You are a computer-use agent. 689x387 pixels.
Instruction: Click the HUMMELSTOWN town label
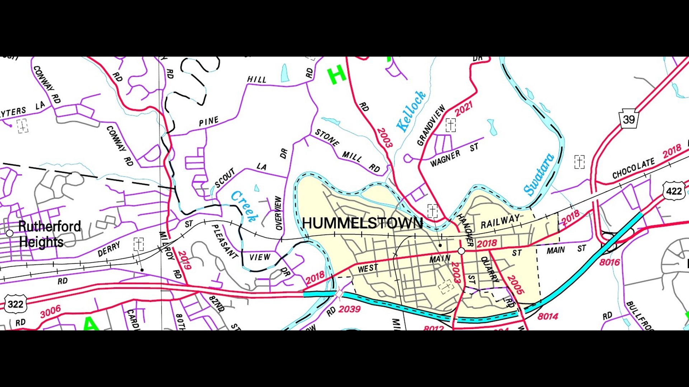[362, 223]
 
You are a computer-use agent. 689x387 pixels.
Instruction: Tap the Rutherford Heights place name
[50, 234]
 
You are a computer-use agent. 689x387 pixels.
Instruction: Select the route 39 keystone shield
[629, 119]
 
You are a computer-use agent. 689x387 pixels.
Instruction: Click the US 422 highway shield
[674, 191]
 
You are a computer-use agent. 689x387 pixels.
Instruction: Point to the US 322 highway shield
[15, 304]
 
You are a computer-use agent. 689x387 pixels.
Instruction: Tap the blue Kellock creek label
[411, 111]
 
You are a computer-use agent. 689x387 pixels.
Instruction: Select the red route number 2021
[464, 109]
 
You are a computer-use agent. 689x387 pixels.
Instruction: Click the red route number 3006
[50, 312]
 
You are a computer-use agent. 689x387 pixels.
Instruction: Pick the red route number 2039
[349, 309]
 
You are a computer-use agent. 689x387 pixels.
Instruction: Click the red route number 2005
[516, 285]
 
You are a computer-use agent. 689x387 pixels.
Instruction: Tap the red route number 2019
[184, 260]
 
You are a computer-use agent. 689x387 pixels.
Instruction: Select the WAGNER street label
[445, 159]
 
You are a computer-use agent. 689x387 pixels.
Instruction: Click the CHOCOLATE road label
[633, 169]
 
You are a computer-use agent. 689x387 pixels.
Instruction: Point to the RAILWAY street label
[500, 222]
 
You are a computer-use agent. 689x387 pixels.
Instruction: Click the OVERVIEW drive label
[278, 213]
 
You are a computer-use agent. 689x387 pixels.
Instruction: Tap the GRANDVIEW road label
[431, 125]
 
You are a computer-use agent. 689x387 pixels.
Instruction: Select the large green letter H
[336, 75]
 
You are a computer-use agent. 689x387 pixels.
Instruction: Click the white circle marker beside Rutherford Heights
[10, 233]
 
